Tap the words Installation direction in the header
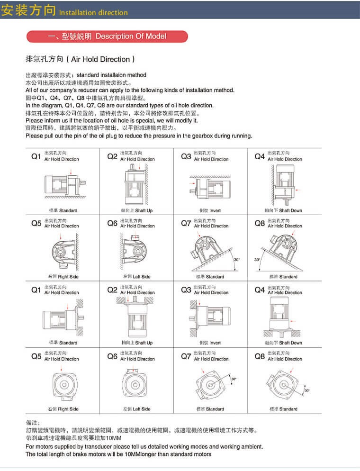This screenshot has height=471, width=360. (93, 13)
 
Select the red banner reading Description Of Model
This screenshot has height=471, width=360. (108, 36)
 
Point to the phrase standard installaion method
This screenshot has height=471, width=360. (111, 75)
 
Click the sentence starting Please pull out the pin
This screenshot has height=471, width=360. (138, 136)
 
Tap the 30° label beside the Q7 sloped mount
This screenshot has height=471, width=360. (236, 260)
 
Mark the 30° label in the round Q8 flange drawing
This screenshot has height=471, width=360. (307, 390)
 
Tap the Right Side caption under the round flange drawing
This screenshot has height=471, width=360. (63, 409)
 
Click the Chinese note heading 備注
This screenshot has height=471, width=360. (33, 422)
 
